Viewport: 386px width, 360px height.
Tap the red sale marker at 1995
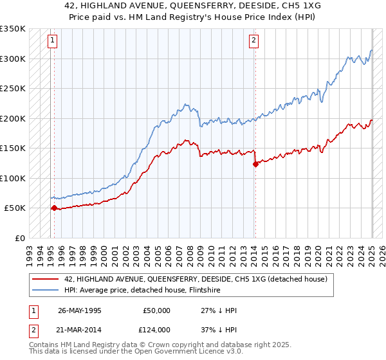[54, 208]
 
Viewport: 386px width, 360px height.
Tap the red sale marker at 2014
[255, 164]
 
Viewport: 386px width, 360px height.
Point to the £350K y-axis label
[13, 29]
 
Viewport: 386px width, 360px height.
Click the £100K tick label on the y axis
[13, 178]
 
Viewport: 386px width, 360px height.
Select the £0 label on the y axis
[19, 238]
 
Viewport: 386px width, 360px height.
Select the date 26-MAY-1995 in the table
[80, 310]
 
